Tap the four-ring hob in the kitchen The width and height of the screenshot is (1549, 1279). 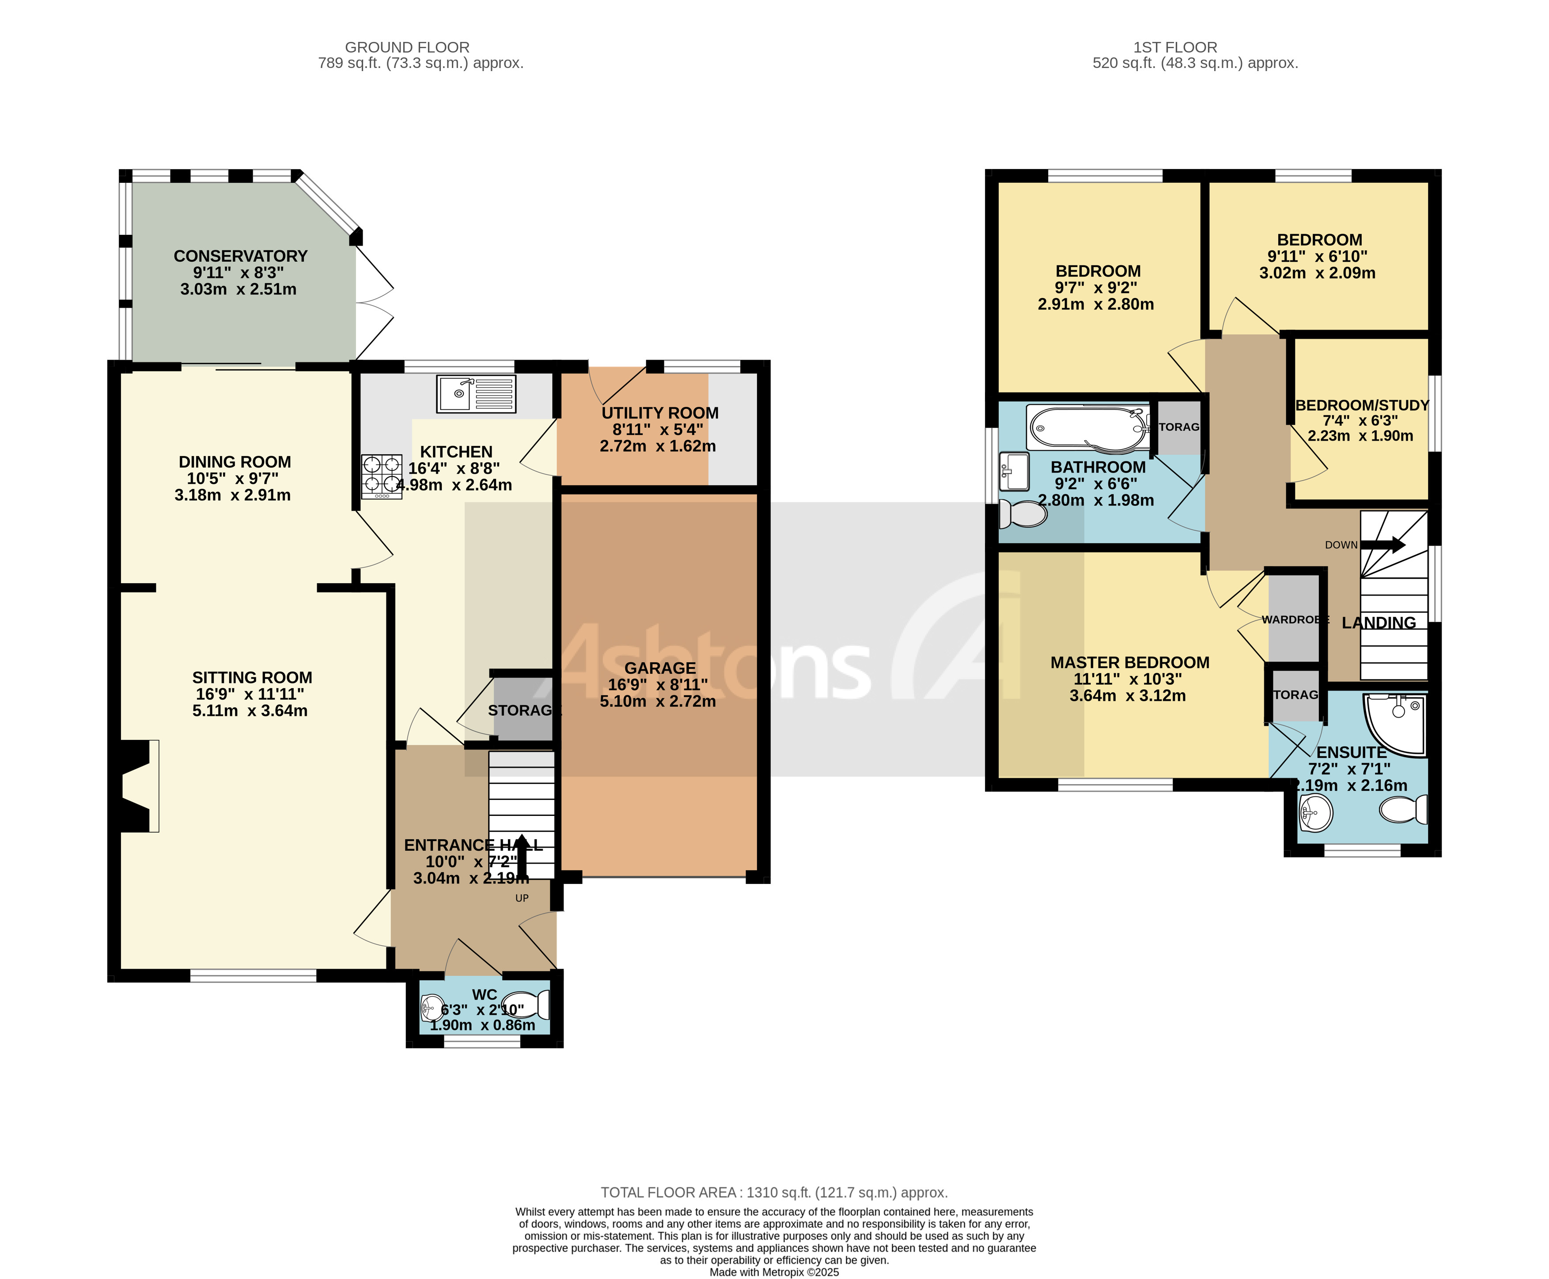pos(381,476)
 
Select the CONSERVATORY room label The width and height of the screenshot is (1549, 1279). pos(240,256)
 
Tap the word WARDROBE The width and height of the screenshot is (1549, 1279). pos(1295,619)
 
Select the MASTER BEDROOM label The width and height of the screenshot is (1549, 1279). pos(1129,662)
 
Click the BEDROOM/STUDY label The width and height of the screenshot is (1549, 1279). pos(1362,405)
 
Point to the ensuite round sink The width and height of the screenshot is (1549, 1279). pos(1315,814)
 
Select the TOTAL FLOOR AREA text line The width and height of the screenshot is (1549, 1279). pos(774,1192)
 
